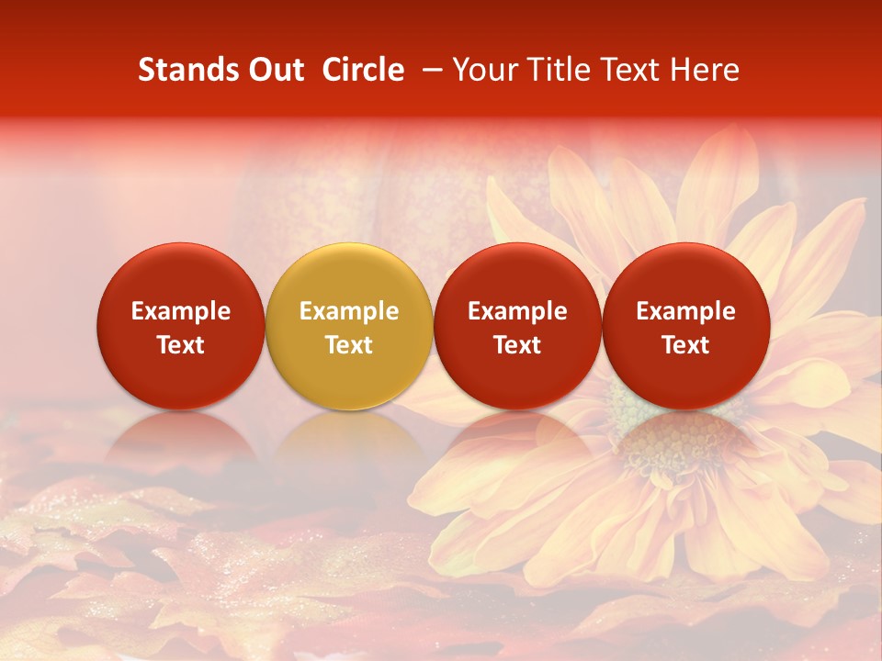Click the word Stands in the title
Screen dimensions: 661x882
click(188, 71)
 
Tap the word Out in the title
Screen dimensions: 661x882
click(276, 71)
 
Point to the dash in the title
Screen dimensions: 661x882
click(429, 71)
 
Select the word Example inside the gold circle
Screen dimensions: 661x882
click(349, 311)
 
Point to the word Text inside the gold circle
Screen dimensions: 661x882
click(349, 345)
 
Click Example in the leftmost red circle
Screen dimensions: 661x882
click(180, 311)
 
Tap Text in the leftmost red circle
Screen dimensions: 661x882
click(180, 345)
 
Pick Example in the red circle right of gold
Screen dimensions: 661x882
click(517, 311)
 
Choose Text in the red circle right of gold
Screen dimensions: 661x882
click(517, 345)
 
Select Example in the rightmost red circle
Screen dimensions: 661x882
click(686, 311)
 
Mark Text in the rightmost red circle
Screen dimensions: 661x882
click(686, 345)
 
